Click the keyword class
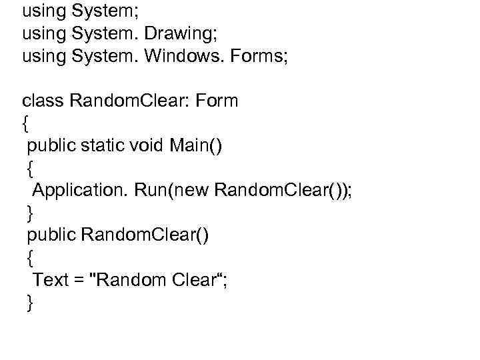click(x=43, y=101)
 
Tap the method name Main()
click(x=197, y=146)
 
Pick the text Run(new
click(x=171, y=191)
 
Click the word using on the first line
click(x=43, y=11)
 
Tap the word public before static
click(x=51, y=146)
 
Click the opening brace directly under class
click(x=26, y=124)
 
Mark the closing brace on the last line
click(x=30, y=303)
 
